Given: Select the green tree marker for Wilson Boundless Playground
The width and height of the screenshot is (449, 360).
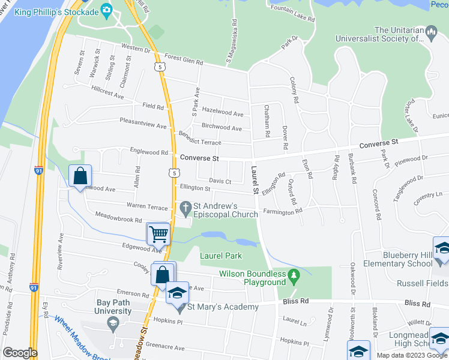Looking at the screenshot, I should [x=294, y=277].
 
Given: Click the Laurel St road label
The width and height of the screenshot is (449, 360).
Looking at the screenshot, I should [x=255, y=179].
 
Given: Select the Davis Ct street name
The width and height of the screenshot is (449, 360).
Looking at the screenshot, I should [x=220, y=181].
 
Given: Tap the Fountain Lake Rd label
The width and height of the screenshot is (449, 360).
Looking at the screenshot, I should [x=292, y=14].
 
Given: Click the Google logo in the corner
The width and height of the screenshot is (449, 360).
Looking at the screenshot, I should [x=20, y=353].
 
